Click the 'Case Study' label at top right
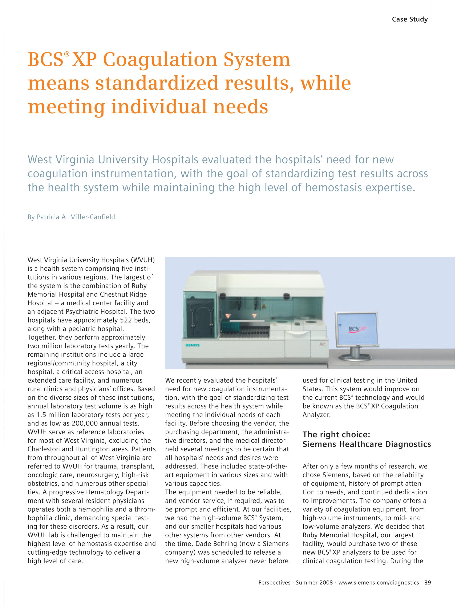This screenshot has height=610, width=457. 410,19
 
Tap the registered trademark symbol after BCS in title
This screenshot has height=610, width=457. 66,54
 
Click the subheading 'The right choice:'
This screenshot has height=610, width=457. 336,434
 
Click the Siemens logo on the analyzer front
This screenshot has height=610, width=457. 192,345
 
